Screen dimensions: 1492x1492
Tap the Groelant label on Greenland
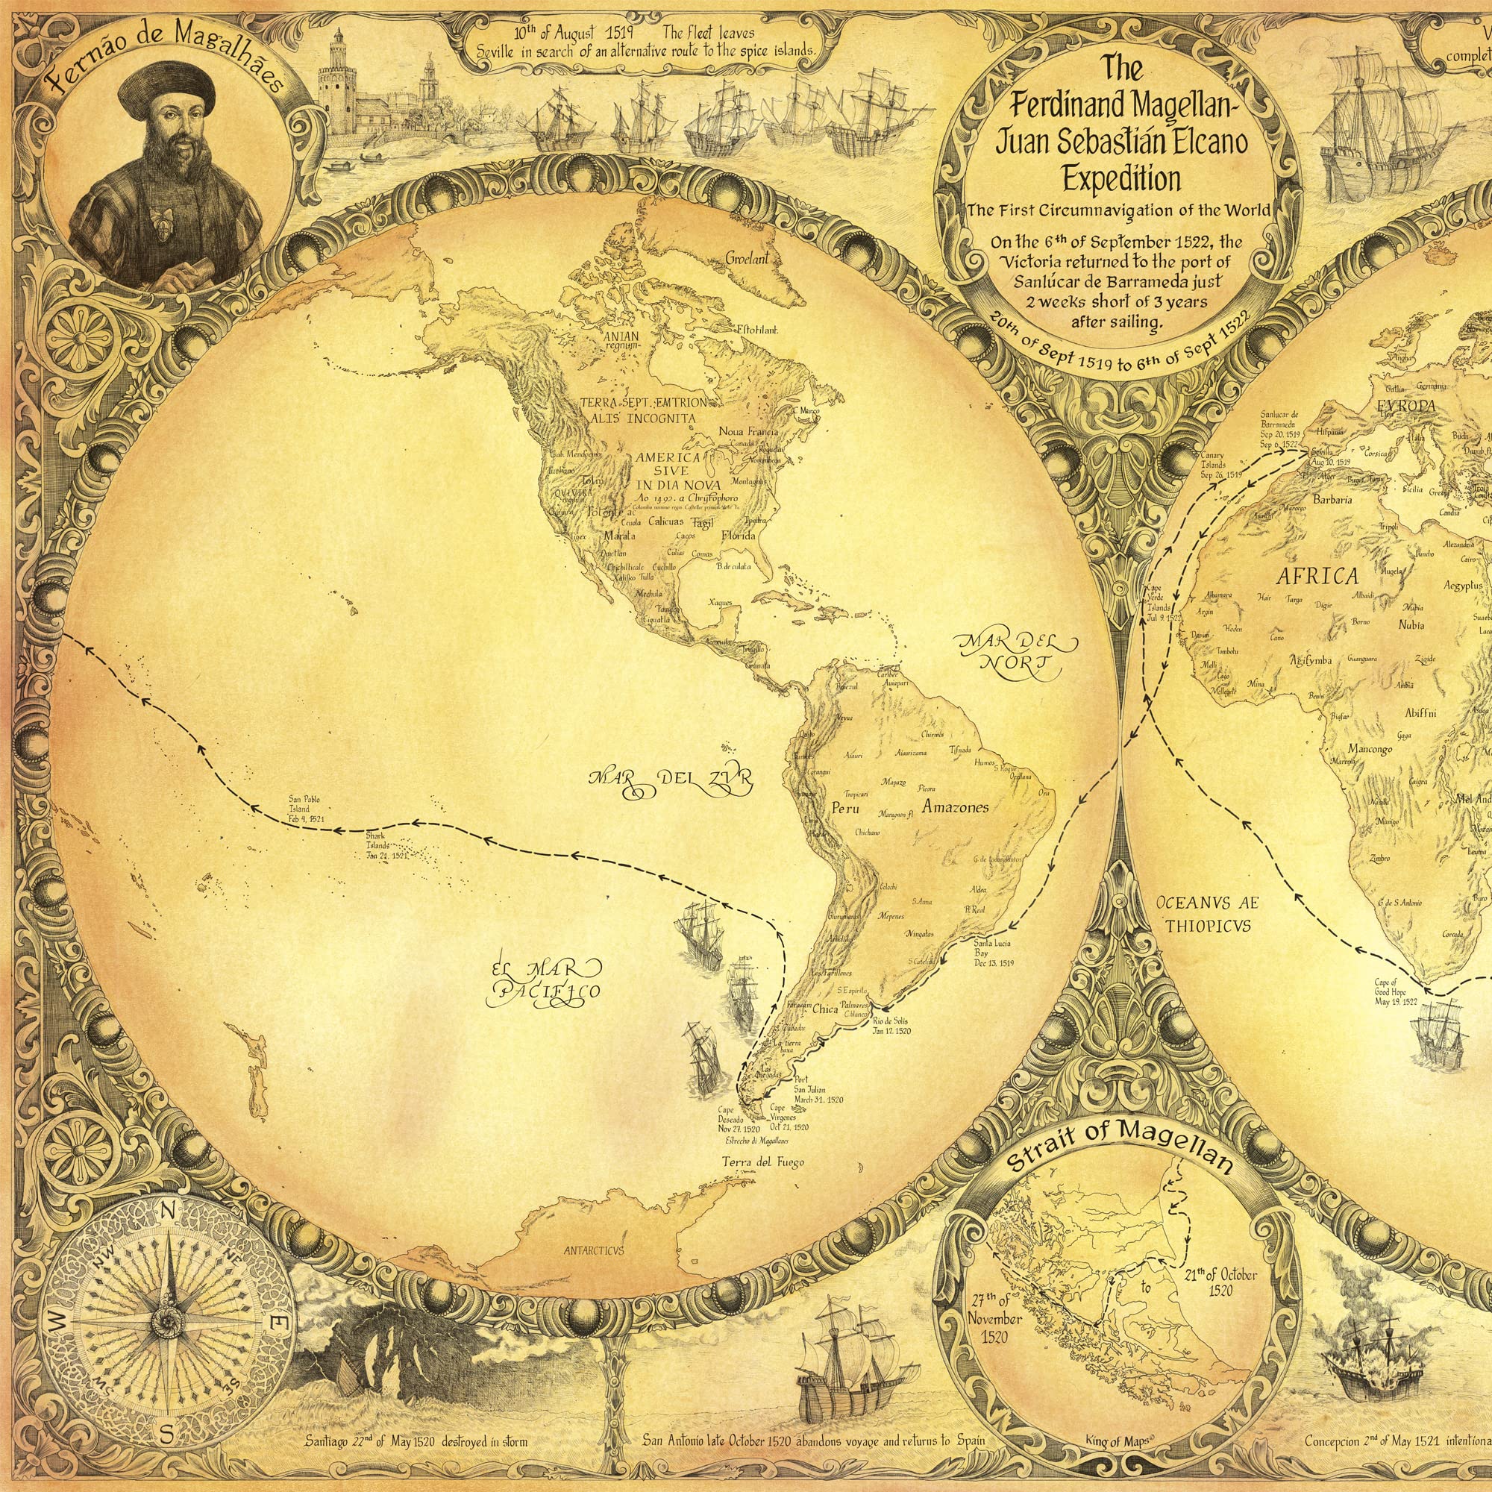pos(747,260)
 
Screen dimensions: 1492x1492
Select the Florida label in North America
pos(739,535)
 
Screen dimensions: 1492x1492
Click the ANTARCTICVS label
pos(593,1250)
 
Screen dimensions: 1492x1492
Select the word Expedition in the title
pos(1122,179)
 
